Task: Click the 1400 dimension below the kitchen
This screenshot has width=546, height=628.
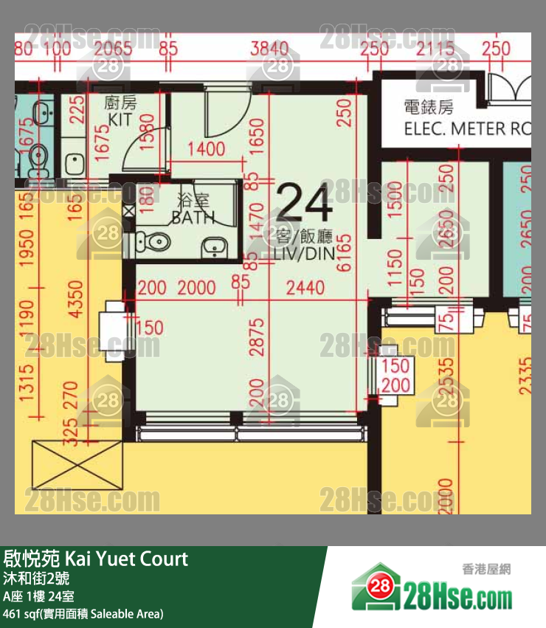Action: [206, 150]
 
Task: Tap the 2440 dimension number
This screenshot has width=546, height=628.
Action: [304, 287]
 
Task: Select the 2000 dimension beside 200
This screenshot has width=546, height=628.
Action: [197, 287]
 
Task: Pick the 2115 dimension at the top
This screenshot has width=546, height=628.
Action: [435, 49]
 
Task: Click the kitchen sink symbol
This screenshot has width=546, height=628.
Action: [74, 162]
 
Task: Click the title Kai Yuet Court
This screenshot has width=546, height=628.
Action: [96, 559]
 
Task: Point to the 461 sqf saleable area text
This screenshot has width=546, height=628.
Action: [83, 613]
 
